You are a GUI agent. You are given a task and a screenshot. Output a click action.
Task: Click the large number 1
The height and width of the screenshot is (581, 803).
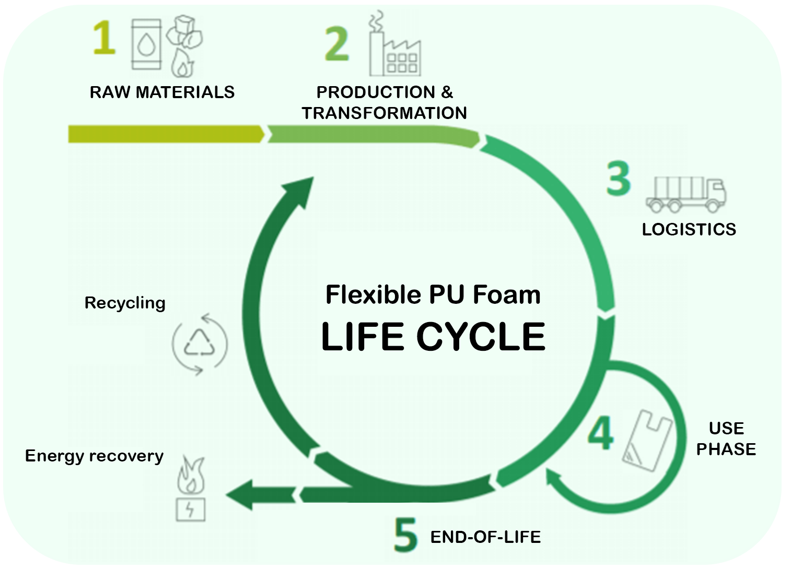104,38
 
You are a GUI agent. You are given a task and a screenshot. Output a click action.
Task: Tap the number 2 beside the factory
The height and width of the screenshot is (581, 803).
336,44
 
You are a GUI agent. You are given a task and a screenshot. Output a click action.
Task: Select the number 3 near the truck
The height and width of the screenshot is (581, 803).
618,178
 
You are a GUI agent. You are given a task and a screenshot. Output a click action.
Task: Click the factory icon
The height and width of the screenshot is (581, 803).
394,44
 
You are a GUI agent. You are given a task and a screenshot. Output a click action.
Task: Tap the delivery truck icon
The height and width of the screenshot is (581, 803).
685,194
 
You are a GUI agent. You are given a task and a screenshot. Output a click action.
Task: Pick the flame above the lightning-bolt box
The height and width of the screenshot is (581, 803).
191,476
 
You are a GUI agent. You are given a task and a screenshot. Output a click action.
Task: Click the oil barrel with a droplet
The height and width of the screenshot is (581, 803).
146,44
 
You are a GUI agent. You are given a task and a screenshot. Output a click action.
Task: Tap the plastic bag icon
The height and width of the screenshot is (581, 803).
647,440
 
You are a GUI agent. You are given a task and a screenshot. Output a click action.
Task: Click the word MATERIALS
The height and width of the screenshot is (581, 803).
185,92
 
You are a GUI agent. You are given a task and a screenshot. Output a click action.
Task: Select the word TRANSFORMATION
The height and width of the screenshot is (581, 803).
385,113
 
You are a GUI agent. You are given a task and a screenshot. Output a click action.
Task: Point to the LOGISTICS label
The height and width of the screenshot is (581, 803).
689,229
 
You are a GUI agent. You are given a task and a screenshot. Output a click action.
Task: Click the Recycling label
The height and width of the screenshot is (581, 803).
125,303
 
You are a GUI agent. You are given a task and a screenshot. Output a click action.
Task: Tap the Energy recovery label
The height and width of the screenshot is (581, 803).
94,456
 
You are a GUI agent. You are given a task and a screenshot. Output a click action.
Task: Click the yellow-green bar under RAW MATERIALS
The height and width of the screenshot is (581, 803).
166,134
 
